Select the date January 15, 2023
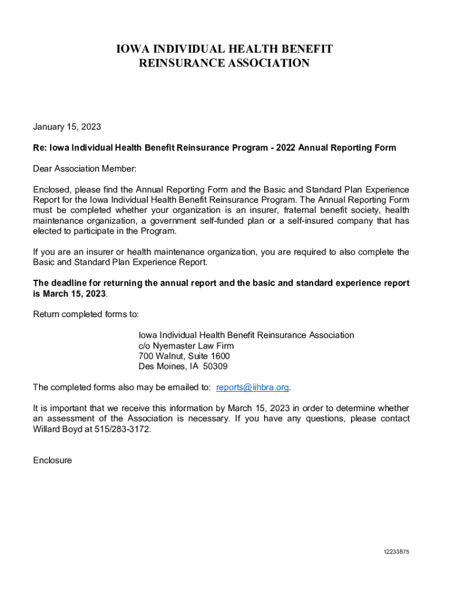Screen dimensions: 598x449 (x=67, y=127)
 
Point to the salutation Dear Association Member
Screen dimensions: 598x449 (x=85, y=169)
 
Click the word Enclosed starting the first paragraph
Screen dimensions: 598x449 (x=52, y=190)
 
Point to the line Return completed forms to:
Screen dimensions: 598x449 (x=86, y=314)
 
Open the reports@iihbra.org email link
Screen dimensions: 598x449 (x=252, y=387)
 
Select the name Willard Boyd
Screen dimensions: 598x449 (x=59, y=429)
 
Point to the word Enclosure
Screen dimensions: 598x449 (x=52, y=460)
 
